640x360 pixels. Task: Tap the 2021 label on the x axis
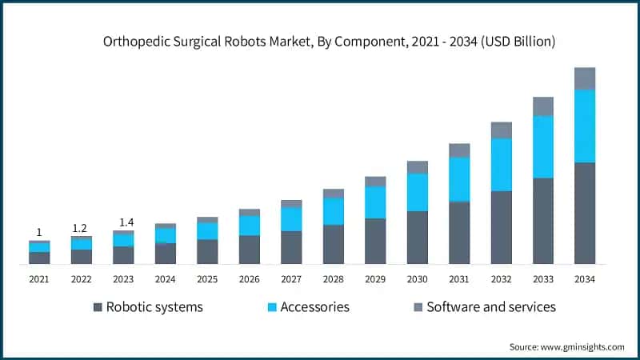39,279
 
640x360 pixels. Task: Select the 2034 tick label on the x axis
585,279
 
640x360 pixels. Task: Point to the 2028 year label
333,279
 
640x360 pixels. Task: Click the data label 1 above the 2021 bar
39,232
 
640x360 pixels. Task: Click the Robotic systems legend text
154,306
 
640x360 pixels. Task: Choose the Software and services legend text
490,306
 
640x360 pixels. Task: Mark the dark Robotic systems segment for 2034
585,213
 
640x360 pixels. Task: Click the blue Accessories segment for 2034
585,126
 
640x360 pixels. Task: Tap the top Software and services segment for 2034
585,78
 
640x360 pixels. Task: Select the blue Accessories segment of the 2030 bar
417,192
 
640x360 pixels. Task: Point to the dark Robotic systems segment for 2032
501,227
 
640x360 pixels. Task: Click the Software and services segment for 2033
543,106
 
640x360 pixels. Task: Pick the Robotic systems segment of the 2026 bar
249,250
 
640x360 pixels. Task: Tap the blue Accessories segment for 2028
333,211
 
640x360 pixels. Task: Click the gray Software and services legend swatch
417,307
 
